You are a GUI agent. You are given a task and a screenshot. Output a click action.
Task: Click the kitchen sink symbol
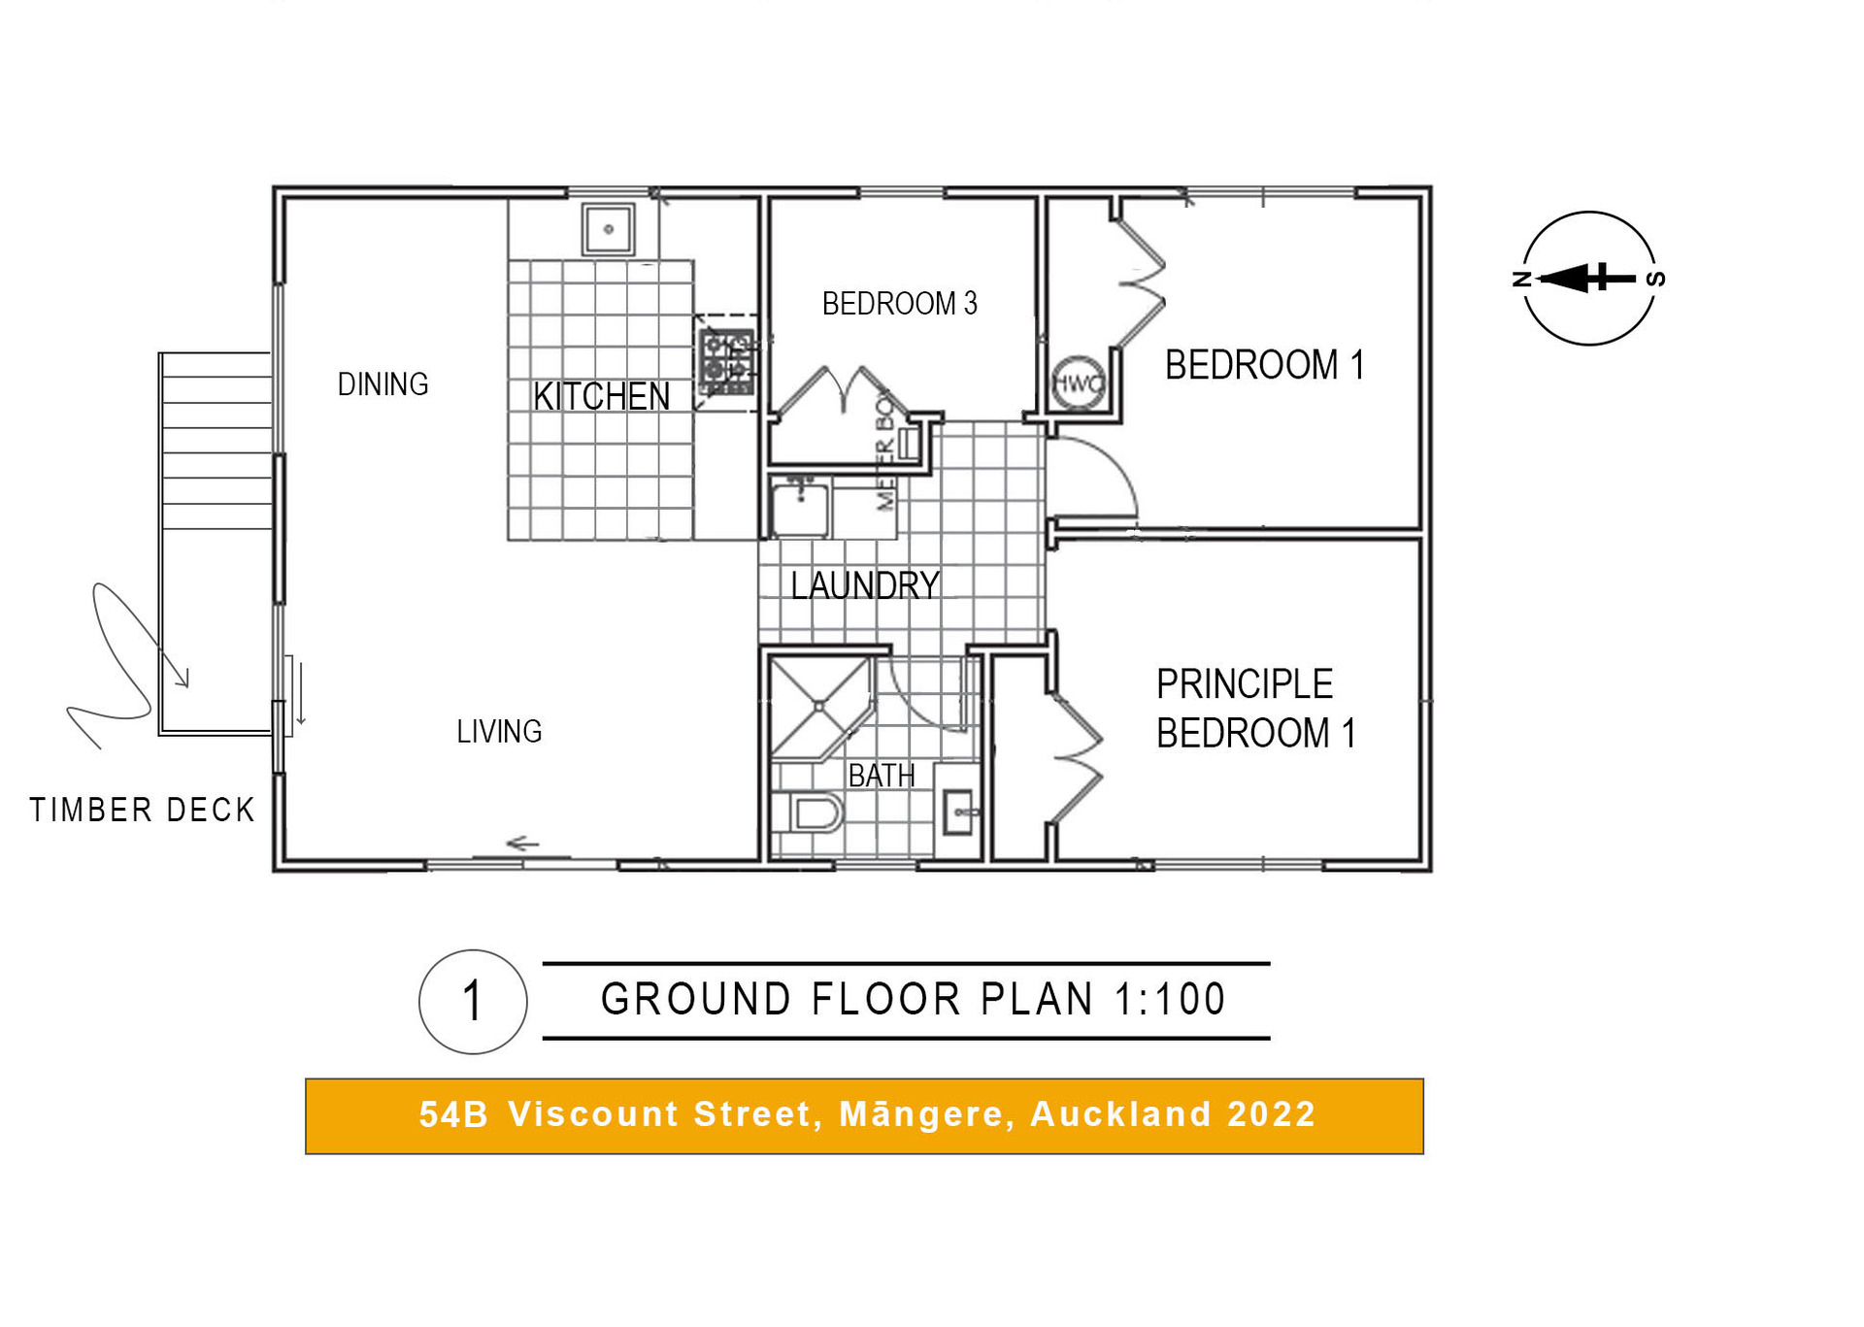(609, 229)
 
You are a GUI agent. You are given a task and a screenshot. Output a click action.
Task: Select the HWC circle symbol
(1078, 383)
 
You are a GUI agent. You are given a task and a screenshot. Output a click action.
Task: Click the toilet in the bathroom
(811, 813)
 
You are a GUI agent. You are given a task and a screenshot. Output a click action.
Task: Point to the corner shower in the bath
(818, 707)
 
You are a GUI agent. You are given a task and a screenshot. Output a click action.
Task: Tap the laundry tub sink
(800, 508)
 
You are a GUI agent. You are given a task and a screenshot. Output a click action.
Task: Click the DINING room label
(383, 384)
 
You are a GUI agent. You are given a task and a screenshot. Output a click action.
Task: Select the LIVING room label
(499, 731)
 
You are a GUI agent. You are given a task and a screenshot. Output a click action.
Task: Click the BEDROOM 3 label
(899, 304)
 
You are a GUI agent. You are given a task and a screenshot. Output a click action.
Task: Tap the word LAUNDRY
(864, 585)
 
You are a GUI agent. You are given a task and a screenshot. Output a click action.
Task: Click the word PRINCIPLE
(1244, 684)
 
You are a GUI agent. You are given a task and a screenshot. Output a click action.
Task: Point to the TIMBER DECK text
(142, 810)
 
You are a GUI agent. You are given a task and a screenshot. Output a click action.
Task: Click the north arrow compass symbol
(1588, 279)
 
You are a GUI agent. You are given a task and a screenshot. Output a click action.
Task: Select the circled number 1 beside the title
(473, 1001)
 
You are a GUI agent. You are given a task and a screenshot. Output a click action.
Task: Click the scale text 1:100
(1170, 999)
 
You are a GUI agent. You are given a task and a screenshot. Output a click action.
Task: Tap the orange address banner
(864, 1115)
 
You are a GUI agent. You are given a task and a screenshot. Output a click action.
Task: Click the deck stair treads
(216, 442)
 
